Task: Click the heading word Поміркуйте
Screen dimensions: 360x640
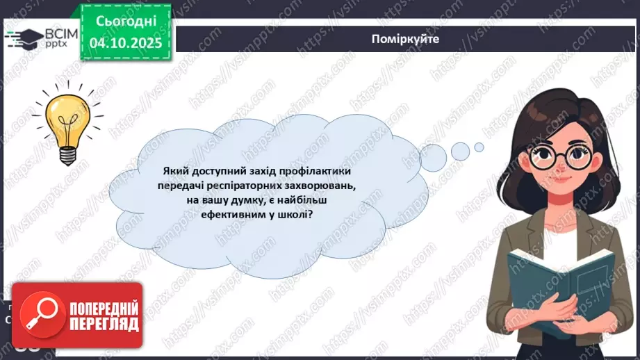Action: (406, 40)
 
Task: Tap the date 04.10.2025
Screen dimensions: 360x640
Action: (124, 42)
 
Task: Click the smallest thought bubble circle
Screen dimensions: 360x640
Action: (479, 147)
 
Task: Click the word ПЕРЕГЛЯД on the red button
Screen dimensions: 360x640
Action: (104, 323)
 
